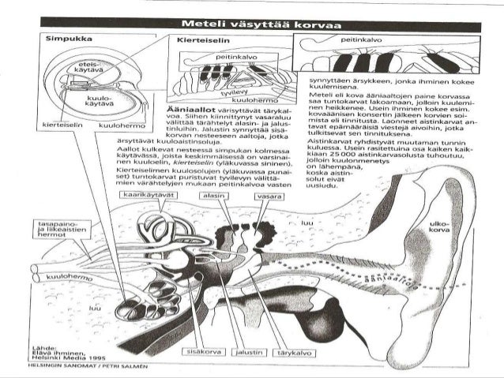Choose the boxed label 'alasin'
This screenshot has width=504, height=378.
coord(213,194)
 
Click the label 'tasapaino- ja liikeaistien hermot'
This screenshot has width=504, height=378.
coord(57,228)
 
